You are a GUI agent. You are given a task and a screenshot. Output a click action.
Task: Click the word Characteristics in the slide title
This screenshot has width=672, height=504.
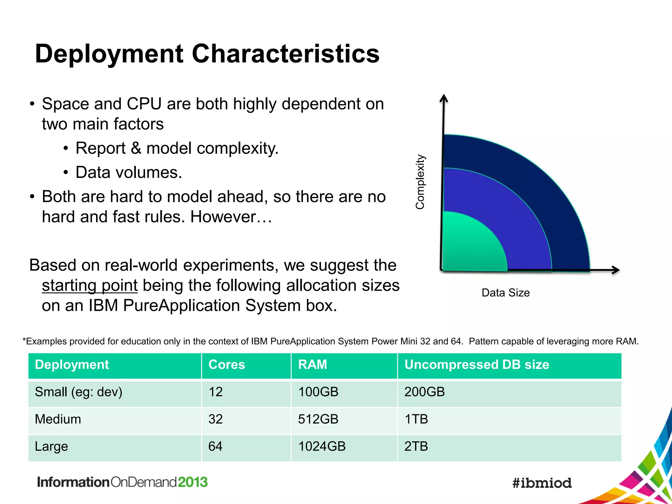pos(285,54)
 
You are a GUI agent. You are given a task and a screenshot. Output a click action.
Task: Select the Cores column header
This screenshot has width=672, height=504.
pos(227,365)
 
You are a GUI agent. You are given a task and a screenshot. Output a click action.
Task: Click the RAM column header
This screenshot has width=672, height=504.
pos(312,365)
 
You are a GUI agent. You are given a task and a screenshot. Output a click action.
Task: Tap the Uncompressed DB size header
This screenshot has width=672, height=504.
pos(476,365)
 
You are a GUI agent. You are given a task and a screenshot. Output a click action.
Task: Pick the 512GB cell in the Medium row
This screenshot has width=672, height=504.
pos(318,419)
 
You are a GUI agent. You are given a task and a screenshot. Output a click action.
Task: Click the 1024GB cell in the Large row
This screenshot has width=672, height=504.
pos(322,447)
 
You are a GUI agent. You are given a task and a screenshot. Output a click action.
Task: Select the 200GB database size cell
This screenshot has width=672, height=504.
pos(424,392)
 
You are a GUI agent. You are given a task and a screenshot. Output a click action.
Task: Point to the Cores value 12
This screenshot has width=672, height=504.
pos(216,392)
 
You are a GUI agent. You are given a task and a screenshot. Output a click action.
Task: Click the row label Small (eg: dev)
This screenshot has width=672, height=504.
pos(78,392)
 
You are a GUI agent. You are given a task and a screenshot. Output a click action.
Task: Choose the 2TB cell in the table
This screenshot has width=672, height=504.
pos(416,447)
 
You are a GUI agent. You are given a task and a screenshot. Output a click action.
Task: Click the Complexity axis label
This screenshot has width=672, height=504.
pos(420,182)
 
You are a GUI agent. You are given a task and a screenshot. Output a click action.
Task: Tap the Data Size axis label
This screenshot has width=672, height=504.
pos(505,293)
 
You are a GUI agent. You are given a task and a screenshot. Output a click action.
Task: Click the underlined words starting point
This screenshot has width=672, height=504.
pos(90,285)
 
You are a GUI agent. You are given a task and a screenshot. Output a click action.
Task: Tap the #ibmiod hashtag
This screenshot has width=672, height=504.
pos(542,483)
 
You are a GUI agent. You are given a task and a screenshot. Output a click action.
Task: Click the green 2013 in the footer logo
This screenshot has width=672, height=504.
pos(193,482)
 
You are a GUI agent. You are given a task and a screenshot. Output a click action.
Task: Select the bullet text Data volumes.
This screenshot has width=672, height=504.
pos(129,173)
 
